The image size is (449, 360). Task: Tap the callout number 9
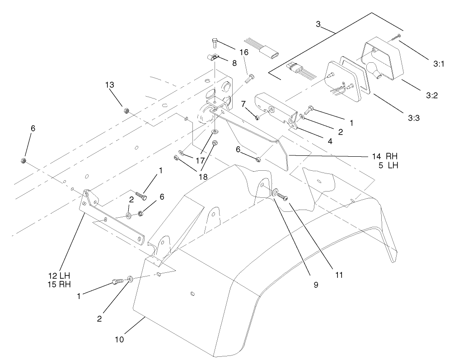[315, 285]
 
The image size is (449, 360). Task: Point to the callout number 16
[243, 52]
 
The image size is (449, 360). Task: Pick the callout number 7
[243, 104]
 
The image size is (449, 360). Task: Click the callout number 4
[330, 141]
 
